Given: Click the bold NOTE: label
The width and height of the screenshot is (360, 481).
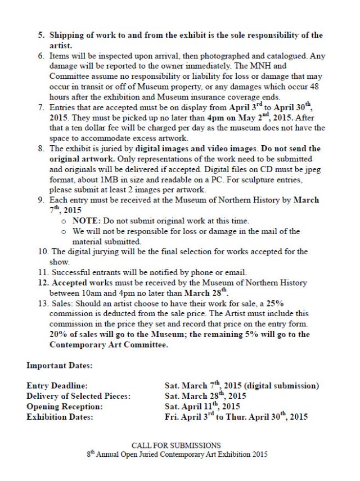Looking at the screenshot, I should pyautogui.click(x=85, y=222).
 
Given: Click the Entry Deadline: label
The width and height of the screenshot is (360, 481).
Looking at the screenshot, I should pyautogui.click(x=56, y=386).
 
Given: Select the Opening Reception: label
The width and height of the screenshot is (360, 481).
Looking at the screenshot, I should pyautogui.click(x=64, y=406).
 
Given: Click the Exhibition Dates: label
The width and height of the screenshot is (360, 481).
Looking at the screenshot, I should pyautogui.click(x=60, y=417).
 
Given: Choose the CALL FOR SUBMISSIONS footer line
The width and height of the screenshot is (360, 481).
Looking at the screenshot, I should pyautogui.click(x=175, y=445).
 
